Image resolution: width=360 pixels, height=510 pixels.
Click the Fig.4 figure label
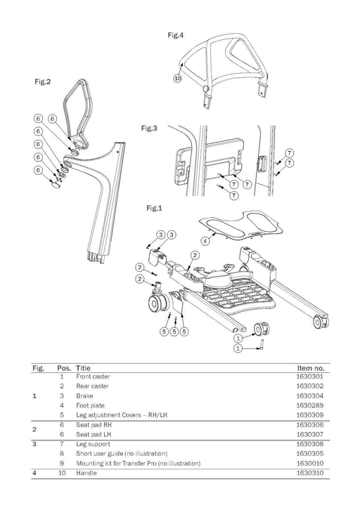click(176, 35)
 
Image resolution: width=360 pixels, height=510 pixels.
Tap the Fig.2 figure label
click(43, 81)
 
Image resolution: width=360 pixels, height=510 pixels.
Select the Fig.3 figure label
click(149, 128)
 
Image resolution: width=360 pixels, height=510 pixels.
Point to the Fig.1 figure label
click(154, 208)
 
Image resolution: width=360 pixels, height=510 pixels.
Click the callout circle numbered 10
click(177, 79)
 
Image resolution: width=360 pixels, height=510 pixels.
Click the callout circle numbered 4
click(205, 242)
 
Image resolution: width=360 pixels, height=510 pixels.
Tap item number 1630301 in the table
click(309, 377)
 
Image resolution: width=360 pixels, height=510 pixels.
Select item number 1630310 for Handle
click(309, 473)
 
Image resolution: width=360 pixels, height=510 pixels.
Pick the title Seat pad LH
click(94, 435)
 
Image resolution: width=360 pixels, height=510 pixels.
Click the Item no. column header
click(311, 368)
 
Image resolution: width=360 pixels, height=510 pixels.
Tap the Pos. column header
click(64, 368)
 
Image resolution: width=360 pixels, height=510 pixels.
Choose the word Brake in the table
click(84, 396)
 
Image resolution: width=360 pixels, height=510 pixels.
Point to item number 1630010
click(309, 463)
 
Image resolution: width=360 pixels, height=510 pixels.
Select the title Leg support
click(93, 444)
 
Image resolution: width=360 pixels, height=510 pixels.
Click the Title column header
click(84, 368)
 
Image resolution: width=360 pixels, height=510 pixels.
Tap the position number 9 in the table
click(62, 463)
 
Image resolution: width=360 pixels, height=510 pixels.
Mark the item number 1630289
click(309, 405)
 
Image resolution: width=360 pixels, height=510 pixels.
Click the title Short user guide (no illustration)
click(122, 454)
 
